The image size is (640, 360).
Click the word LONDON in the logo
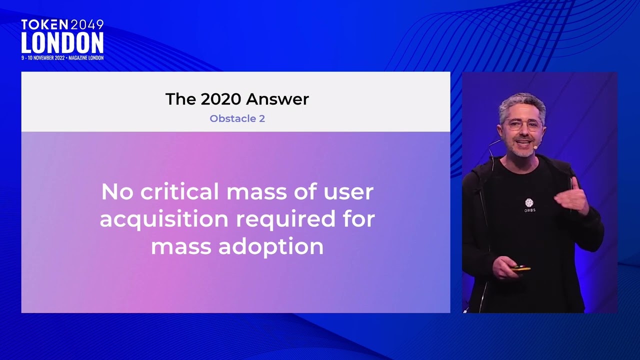coord(62,43)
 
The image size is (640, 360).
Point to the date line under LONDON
coord(62,58)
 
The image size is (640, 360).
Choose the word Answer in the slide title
coord(277,99)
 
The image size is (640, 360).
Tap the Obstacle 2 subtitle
coord(237,118)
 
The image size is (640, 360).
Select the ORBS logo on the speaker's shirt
coord(529,205)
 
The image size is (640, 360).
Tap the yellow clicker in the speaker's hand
coord(520,269)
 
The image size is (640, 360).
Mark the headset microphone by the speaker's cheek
coord(535,147)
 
